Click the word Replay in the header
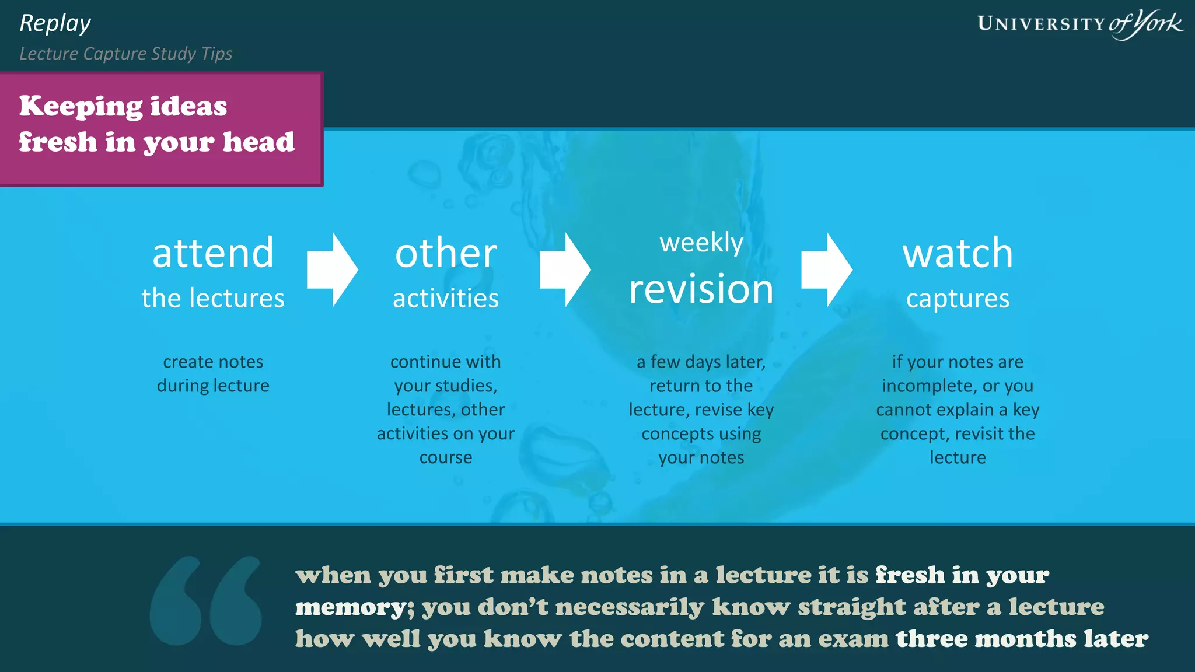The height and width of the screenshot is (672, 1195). (x=55, y=24)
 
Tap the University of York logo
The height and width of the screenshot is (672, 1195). (x=1079, y=24)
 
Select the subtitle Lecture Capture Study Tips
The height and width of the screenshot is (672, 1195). (x=126, y=54)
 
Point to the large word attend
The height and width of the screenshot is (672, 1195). (x=213, y=253)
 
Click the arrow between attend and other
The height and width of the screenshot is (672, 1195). (x=332, y=269)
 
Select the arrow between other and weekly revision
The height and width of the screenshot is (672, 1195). (x=565, y=269)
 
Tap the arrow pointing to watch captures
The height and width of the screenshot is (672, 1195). (x=826, y=269)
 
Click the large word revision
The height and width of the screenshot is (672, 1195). (x=701, y=289)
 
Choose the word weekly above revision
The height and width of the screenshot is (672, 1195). (x=701, y=243)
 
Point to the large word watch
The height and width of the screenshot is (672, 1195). (x=958, y=253)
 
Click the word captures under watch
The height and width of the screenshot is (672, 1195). (x=958, y=299)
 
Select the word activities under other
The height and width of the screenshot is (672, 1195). (x=446, y=299)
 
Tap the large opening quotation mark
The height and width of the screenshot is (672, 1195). (x=206, y=600)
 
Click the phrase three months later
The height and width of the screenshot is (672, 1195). (x=1022, y=638)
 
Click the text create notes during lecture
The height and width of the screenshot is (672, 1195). (x=213, y=373)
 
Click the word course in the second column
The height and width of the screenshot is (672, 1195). (x=446, y=457)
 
